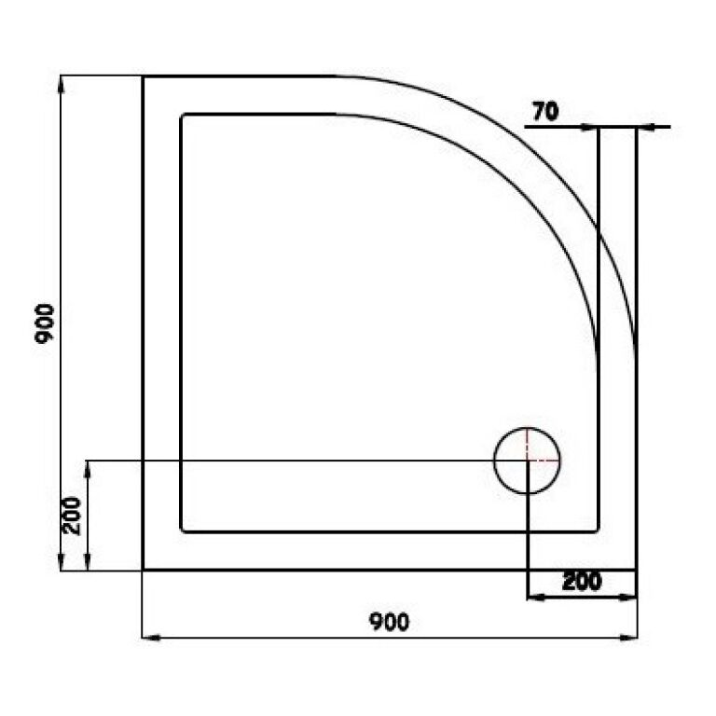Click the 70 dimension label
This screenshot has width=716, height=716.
tap(544, 111)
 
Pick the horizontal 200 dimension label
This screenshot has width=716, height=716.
tap(582, 581)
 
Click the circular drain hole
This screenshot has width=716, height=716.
tap(527, 461)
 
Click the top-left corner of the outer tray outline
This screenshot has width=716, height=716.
tap(143, 76)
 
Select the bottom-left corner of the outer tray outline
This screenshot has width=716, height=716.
tap(143, 570)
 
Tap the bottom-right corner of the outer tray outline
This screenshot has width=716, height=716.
tap(636, 570)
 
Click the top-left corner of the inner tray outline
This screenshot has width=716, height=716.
tap(182, 115)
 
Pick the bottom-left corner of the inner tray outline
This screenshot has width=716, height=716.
tap(182, 531)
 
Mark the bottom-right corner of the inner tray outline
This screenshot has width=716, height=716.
tap(598, 531)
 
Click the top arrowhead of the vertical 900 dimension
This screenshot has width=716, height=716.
tap(62, 82)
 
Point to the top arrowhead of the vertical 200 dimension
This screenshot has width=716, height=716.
tap(88, 466)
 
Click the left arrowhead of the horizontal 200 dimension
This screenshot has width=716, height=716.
tap(534, 595)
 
